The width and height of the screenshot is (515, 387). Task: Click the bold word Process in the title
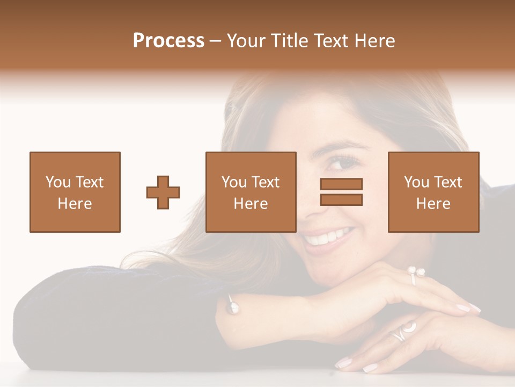point(168,40)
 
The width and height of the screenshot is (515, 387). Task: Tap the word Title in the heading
point(293,40)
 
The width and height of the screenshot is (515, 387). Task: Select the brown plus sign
point(163,192)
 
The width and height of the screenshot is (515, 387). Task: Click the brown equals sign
point(341,192)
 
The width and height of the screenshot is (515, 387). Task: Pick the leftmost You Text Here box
point(75,192)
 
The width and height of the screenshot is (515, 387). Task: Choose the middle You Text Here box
point(251,192)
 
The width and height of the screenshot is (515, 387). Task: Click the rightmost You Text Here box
point(433,192)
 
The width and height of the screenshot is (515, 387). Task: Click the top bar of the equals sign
point(341,184)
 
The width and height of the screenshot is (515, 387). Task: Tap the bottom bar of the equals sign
point(341,200)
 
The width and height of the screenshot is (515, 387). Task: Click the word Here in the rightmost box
point(433,204)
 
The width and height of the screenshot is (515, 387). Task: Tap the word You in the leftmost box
point(57,182)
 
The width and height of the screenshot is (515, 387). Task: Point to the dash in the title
point(216,41)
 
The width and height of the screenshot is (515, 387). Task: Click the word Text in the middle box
point(265,182)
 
